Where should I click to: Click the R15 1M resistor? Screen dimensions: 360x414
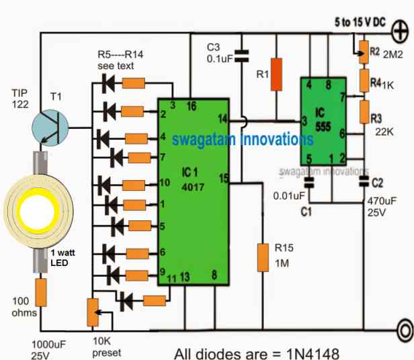pyautogui.click(x=263, y=258)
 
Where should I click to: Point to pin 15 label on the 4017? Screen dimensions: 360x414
pyautogui.click(x=223, y=179)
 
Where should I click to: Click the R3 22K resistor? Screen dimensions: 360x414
pyautogui.click(x=363, y=109)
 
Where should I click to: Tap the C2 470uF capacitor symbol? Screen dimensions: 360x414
pyautogui.click(x=364, y=181)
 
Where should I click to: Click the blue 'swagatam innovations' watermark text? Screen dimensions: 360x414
pyautogui.click(x=242, y=140)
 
